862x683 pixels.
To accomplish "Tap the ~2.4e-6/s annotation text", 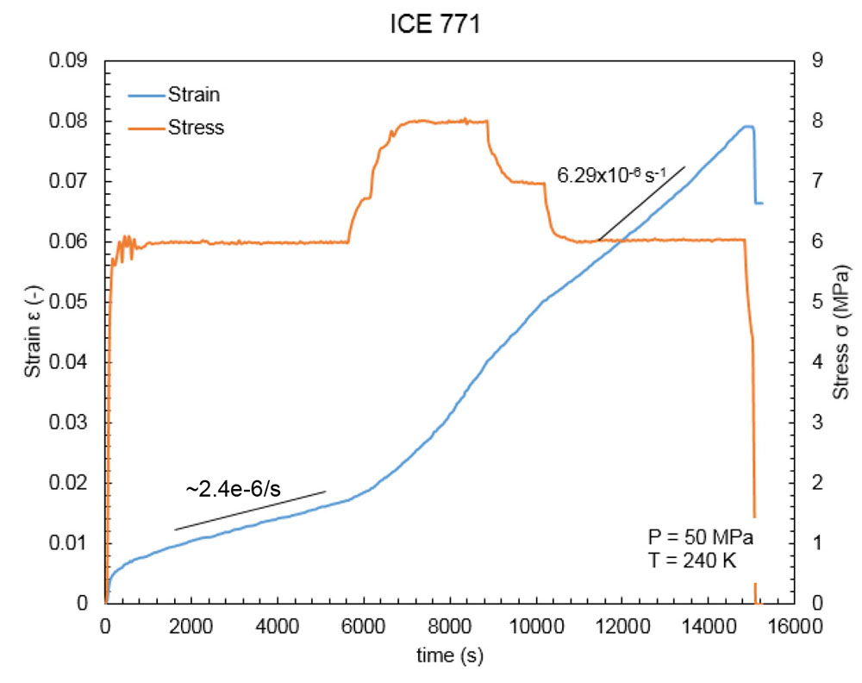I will point(233,489).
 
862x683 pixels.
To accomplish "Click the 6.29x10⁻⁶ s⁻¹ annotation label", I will point(612,176).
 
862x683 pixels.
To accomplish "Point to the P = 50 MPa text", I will point(700,538).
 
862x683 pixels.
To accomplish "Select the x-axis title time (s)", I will point(449,655).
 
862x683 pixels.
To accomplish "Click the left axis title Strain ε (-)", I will point(32,331).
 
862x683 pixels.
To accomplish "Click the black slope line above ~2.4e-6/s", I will point(250,511).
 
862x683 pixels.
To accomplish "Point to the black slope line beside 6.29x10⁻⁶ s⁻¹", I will point(641,204).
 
